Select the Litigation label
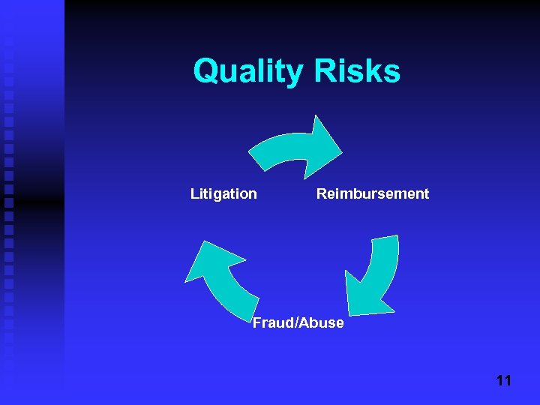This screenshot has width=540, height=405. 223,194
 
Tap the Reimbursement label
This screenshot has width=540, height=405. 373,194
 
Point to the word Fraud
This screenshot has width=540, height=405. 273,323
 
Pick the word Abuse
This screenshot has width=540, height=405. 323,323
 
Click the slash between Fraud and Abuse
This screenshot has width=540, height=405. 298,323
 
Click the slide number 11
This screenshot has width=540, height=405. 503,381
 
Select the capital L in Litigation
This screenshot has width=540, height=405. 194,194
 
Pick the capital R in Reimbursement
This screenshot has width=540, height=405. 321,194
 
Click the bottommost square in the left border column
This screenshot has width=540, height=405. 8,367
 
